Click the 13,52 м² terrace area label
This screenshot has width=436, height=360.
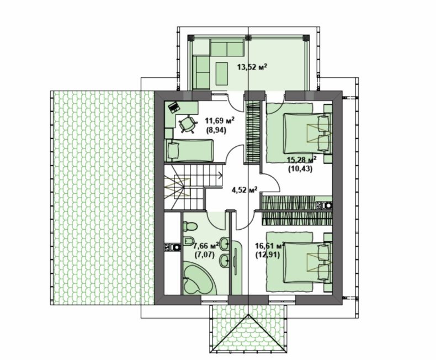tap(252, 67)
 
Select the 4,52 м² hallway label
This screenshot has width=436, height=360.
tap(244, 190)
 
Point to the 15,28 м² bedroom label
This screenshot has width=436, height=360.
tap(302, 160)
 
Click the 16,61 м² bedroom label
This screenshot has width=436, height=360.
tap(270, 245)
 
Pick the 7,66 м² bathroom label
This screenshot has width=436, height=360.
tap(206, 245)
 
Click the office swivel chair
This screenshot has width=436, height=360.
tap(187, 124)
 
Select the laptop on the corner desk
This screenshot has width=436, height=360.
tap(174, 107)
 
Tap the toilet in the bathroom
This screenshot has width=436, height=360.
tap(190, 226)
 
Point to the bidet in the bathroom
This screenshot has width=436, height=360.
tap(189, 240)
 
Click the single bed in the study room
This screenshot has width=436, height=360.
tap(189, 150)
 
